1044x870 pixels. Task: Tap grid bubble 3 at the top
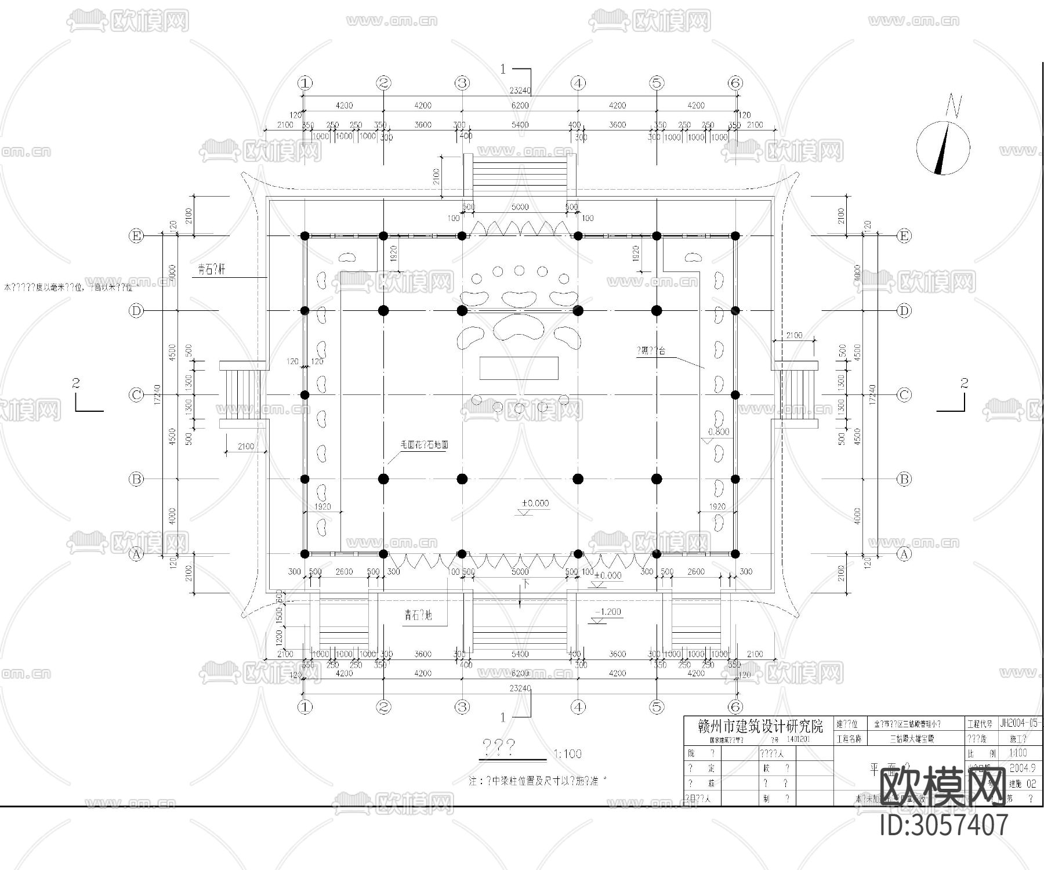tap(462, 83)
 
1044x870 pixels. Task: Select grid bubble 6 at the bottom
tap(735, 707)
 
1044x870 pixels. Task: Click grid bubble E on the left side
tap(136, 236)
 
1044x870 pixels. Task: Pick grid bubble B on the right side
tap(904, 479)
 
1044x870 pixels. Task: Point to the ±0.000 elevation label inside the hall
tap(535, 503)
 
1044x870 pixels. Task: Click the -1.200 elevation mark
tap(607, 612)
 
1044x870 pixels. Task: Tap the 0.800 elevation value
tap(719, 432)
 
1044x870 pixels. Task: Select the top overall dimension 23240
tap(520, 90)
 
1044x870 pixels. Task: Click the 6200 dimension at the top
tap(520, 106)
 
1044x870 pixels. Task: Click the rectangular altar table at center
tap(519, 368)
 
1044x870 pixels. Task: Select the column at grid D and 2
tap(383, 311)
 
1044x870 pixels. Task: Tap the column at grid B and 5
tap(657, 479)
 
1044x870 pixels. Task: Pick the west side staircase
tap(242, 395)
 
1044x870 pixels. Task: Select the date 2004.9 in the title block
tap(1022, 768)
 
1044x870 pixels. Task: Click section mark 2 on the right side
tap(963, 383)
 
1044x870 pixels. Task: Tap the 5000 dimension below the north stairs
tap(520, 207)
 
